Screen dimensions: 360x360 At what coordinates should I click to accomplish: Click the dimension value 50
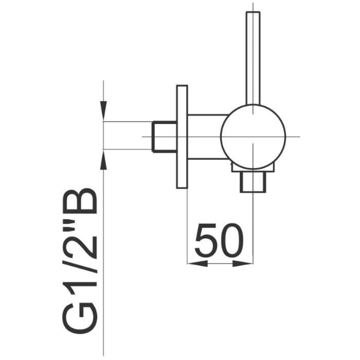(219, 240)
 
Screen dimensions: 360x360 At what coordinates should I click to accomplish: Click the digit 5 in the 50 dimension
(206, 240)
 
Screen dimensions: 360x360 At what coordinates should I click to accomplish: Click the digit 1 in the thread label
(80, 287)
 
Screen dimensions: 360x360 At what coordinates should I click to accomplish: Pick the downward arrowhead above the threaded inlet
(104, 111)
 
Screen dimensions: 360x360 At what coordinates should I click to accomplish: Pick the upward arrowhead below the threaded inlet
(104, 160)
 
